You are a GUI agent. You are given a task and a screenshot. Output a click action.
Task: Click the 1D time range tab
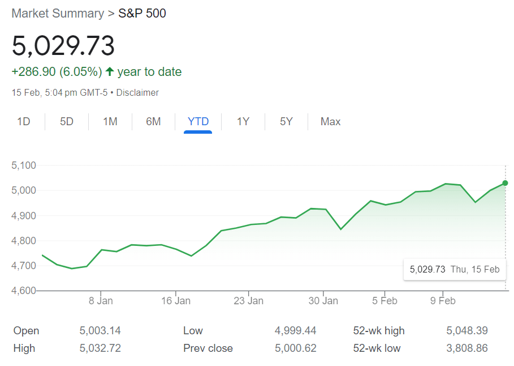point(24,122)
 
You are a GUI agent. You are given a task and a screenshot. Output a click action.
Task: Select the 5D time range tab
point(67,122)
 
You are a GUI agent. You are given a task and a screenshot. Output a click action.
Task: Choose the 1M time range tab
point(110,122)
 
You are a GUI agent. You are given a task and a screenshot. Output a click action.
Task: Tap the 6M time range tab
point(153,122)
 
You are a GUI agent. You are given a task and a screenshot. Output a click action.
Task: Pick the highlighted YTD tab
point(198,122)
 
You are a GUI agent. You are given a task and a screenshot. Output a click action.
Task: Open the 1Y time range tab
point(243,122)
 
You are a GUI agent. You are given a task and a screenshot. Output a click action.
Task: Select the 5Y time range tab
point(286,122)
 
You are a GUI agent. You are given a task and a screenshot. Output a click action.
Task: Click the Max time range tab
point(331,122)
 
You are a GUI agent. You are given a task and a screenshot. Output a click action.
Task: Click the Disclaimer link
point(137,92)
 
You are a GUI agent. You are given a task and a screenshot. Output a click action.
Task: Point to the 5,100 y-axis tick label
point(24,165)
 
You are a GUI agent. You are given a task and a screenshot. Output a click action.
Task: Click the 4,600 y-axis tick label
point(24,291)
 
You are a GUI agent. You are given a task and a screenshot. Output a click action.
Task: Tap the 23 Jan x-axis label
point(248,301)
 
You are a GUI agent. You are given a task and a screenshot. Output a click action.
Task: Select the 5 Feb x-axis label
point(385,301)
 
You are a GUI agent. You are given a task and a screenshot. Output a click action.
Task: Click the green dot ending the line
point(505,183)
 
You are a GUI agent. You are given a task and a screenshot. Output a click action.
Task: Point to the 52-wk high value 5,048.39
point(467,331)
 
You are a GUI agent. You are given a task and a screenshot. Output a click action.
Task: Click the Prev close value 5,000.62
point(296,348)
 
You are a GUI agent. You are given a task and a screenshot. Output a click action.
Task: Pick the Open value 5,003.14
point(100,331)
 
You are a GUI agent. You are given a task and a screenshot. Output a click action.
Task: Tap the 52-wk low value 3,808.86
point(467,348)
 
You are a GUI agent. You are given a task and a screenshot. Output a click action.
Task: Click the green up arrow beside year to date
point(110,72)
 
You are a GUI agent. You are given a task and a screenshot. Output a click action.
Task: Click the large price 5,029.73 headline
point(63,46)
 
